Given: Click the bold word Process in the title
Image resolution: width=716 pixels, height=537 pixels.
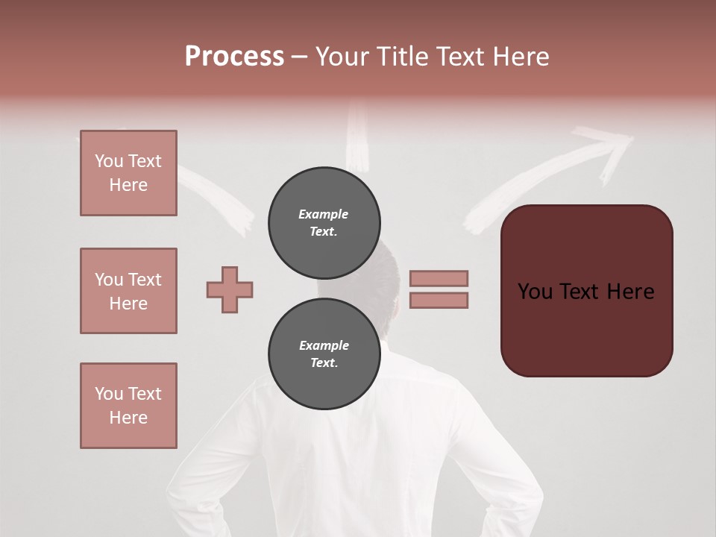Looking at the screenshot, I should coord(234,57).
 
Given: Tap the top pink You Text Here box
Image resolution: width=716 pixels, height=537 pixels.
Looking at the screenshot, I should coord(128,173).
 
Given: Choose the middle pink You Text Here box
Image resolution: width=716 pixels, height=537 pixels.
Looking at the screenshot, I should coord(128,291).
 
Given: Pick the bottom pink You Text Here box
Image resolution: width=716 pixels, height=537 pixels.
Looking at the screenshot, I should coord(128,406).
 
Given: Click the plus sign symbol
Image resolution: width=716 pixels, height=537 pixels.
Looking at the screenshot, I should coord(230,289).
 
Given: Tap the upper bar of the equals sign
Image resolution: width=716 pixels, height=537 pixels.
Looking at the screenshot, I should coord(439,278).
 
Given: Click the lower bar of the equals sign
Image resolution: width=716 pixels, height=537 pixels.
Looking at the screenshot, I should coord(439,300).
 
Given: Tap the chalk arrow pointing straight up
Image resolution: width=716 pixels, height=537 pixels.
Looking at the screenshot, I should coord(359,142).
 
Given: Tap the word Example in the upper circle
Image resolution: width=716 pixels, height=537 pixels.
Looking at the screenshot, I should coord(323,214).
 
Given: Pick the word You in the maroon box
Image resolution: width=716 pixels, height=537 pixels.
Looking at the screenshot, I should coord(536,292).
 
